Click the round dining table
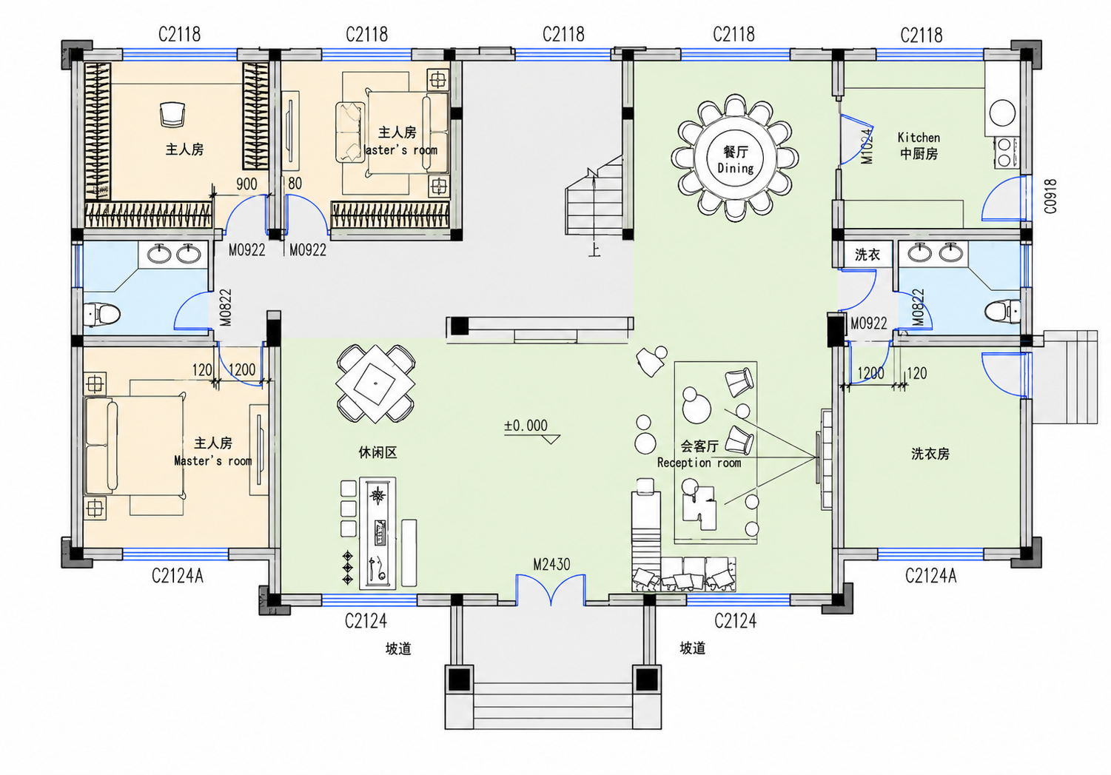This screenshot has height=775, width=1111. (734, 158)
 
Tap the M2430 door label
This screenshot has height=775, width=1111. (551, 564)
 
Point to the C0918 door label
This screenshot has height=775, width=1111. (1050, 196)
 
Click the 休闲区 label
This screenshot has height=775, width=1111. (377, 452)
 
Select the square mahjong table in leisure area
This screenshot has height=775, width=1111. (375, 383)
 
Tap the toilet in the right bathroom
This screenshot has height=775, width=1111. (1002, 312)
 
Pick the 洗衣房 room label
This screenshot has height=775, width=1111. (930, 454)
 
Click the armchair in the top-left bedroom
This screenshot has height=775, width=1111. (172, 114)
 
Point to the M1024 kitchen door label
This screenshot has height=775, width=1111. (867, 147)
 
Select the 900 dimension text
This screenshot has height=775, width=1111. (246, 184)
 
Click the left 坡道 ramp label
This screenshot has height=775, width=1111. (398, 648)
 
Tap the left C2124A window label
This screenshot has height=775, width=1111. (177, 576)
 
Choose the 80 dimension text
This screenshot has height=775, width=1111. (295, 184)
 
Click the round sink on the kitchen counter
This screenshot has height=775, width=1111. (1002, 113)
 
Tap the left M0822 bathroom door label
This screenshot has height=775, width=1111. (226, 308)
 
